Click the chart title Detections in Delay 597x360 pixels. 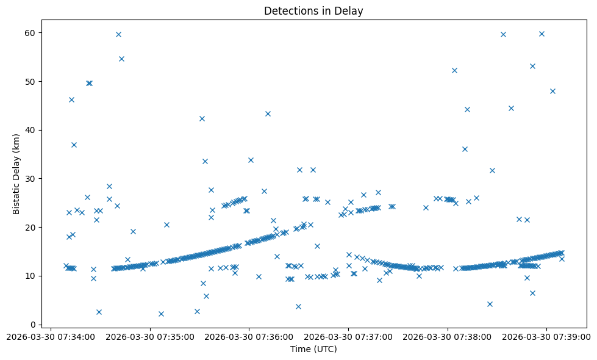313,11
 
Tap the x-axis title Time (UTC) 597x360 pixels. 313,349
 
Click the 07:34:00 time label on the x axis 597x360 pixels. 51,336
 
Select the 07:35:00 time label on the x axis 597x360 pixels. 150,336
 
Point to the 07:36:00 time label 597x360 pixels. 249,336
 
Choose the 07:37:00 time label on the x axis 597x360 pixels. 349,336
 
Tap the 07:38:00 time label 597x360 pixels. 448,336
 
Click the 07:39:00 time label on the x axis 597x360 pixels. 547,336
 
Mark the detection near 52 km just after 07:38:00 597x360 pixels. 454,70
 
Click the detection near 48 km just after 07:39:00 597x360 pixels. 552,91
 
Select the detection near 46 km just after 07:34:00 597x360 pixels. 71,99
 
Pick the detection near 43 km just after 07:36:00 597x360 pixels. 268,113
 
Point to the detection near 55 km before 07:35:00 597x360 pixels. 121,59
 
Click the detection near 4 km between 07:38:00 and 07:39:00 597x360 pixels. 490,304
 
